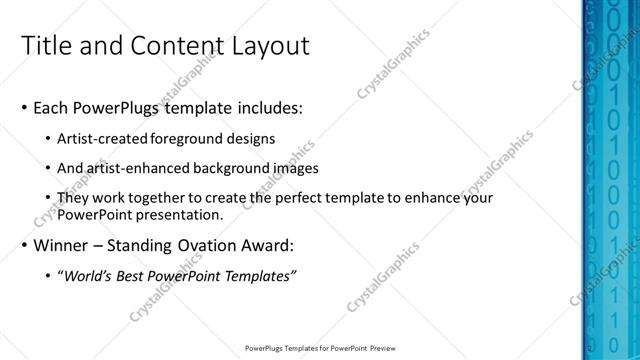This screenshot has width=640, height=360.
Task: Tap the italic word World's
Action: click(86, 276)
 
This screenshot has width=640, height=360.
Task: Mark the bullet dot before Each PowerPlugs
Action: click(24, 108)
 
